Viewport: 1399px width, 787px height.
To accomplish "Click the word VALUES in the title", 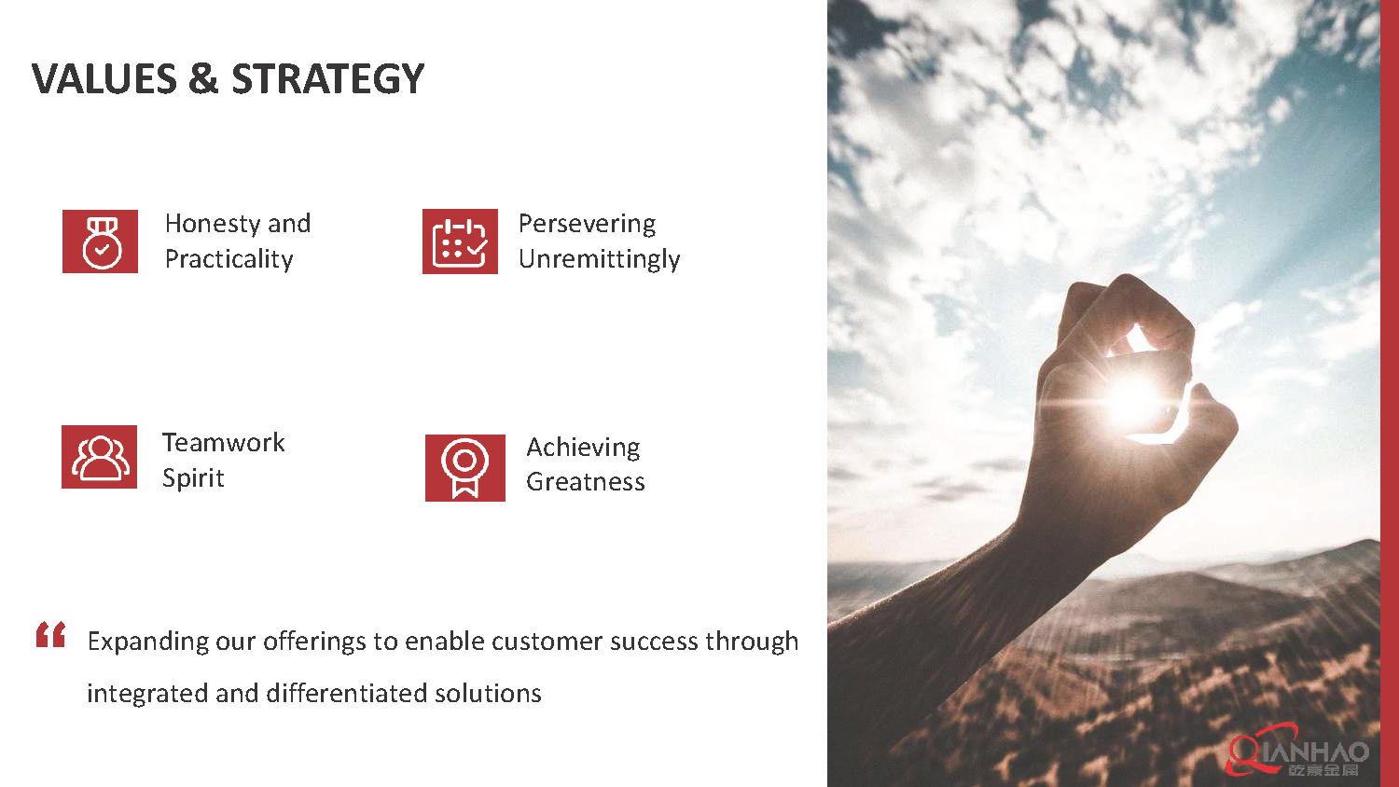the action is pos(104,78).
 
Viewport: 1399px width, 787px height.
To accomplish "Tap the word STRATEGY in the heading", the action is pos(328,78).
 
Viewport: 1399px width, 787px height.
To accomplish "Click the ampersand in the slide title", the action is pos(203,78).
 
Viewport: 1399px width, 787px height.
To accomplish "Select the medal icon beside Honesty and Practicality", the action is pos(100,242).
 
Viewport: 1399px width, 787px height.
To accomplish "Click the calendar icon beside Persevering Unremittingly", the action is pos(461,242).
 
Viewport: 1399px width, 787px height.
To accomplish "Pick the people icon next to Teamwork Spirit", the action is pos(99,457).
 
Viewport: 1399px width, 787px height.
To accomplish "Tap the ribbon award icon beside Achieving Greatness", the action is pos(465,468).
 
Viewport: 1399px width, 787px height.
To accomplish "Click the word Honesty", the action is pos(213,224).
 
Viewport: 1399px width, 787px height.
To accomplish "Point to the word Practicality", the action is pos(229,259).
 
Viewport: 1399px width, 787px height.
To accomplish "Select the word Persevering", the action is pos(587,224).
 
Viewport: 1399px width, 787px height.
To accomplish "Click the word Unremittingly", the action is pos(600,259).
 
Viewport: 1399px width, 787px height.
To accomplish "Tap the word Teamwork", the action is pos(224,442).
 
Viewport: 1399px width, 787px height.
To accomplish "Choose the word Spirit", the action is pos(193,478).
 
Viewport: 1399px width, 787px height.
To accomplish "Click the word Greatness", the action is pos(585,482).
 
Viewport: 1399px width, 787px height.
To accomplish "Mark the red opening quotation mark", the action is pos(50,634).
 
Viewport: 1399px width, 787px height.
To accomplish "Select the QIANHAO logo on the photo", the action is pos(1298,752).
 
